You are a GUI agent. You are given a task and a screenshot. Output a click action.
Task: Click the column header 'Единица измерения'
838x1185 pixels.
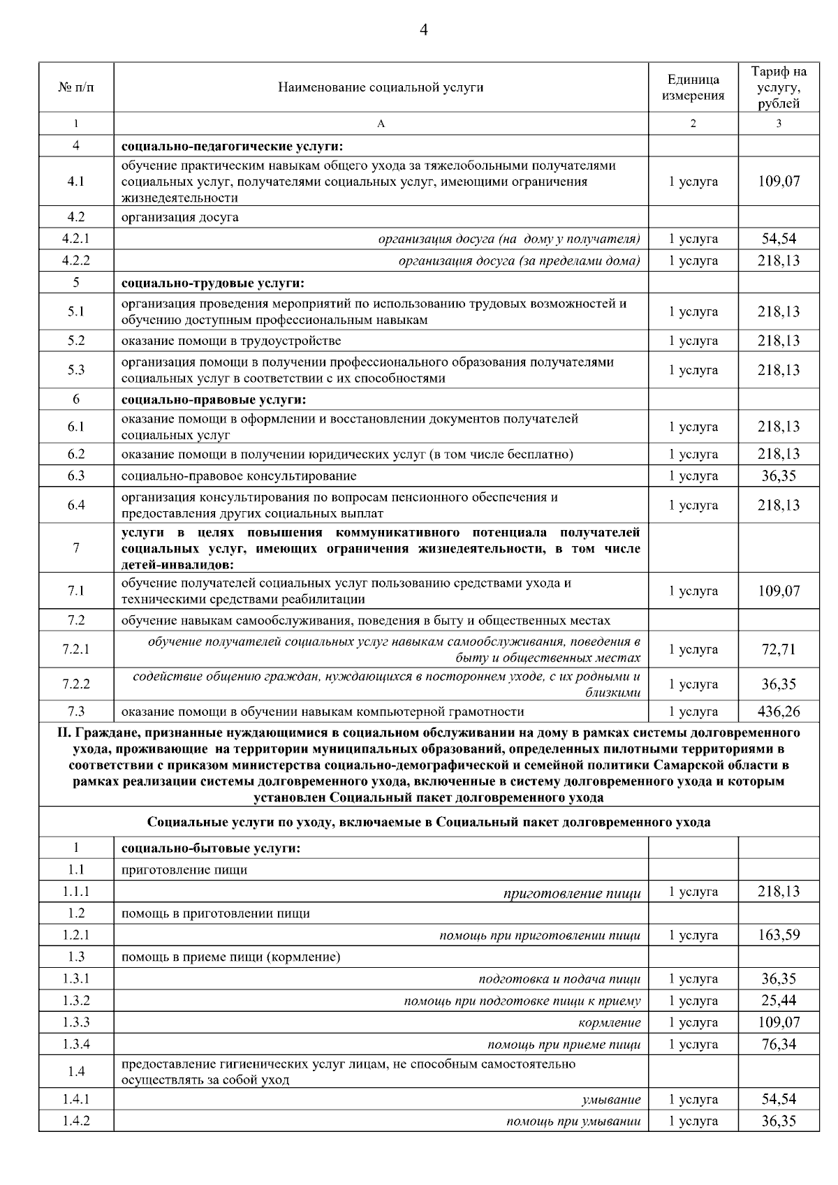pos(693,88)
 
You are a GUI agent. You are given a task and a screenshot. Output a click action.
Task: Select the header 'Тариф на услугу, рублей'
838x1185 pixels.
pos(779,88)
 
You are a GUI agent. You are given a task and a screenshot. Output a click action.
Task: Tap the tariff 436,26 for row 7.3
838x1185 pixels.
pos(779,712)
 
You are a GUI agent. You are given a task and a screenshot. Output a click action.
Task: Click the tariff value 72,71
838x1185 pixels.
pos(779,649)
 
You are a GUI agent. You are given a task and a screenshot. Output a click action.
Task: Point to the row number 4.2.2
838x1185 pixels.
pos(76,261)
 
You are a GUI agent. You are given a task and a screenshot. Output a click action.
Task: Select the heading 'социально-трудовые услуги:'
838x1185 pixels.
pos(214,284)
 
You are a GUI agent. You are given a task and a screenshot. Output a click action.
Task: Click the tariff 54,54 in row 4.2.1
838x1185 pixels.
pos(779,239)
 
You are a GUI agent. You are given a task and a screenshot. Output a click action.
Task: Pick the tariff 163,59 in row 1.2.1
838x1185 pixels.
pos(779,935)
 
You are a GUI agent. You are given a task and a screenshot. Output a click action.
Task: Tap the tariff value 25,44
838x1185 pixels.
pos(779,1001)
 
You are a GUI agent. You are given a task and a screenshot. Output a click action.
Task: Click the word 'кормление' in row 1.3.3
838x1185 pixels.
pos(609,1023)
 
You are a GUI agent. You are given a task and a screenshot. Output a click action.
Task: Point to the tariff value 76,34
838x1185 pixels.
pos(779,1045)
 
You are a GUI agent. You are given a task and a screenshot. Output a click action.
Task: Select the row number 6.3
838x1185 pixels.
pos(76,476)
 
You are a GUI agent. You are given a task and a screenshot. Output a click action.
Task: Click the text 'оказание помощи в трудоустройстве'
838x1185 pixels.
pos(231,341)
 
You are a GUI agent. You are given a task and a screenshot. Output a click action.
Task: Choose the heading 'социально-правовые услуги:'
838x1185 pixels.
pos(214,400)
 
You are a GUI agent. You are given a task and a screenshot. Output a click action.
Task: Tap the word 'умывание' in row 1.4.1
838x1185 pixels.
pos(611,1100)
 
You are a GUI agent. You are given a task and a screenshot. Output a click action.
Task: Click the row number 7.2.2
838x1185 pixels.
pos(76,684)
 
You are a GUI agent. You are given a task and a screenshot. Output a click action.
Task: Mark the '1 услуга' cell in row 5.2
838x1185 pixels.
pos(693,341)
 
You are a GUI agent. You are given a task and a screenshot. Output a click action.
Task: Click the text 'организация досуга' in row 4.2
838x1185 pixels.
pos(180,217)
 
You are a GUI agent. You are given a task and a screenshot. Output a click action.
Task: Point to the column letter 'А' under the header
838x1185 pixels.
pos(381,124)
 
